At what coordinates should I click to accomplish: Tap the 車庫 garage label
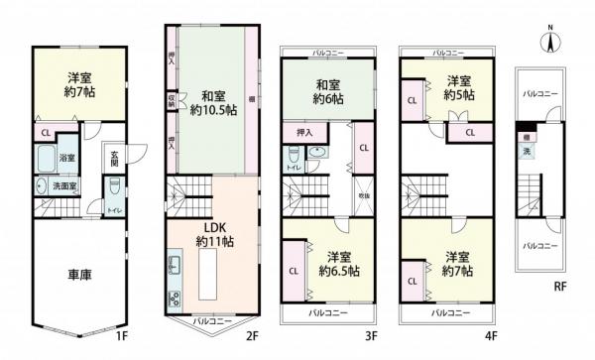pyautogui.click(x=79, y=275)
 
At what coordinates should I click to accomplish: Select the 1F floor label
pyautogui.click(x=122, y=336)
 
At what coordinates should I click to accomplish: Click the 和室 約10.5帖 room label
pyautogui.click(x=213, y=103)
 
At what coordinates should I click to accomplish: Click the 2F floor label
pyautogui.click(x=253, y=336)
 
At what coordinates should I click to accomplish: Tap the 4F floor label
pyautogui.click(x=490, y=336)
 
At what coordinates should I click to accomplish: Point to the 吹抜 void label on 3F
pyautogui.click(x=364, y=195)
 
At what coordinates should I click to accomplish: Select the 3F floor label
pyautogui.click(x=371, y=336)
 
